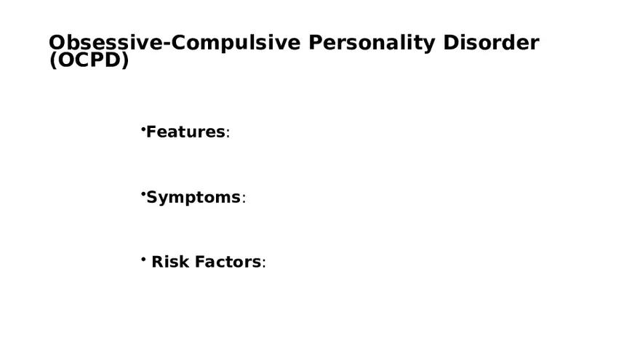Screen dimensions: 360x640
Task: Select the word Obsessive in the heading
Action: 106,43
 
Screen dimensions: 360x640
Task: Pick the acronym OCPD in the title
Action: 89,61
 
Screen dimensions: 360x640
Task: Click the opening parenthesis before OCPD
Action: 52,62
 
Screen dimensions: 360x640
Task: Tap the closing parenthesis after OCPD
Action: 125,62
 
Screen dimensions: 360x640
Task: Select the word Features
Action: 185,132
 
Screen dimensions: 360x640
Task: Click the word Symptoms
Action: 193,197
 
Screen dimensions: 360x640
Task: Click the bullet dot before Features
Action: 143,129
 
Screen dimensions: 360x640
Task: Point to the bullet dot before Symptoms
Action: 143,194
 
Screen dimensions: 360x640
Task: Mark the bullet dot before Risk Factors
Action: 143,259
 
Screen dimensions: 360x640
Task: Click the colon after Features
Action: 228,134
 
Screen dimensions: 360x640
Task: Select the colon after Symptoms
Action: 244,199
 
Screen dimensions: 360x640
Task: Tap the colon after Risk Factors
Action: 264,264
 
